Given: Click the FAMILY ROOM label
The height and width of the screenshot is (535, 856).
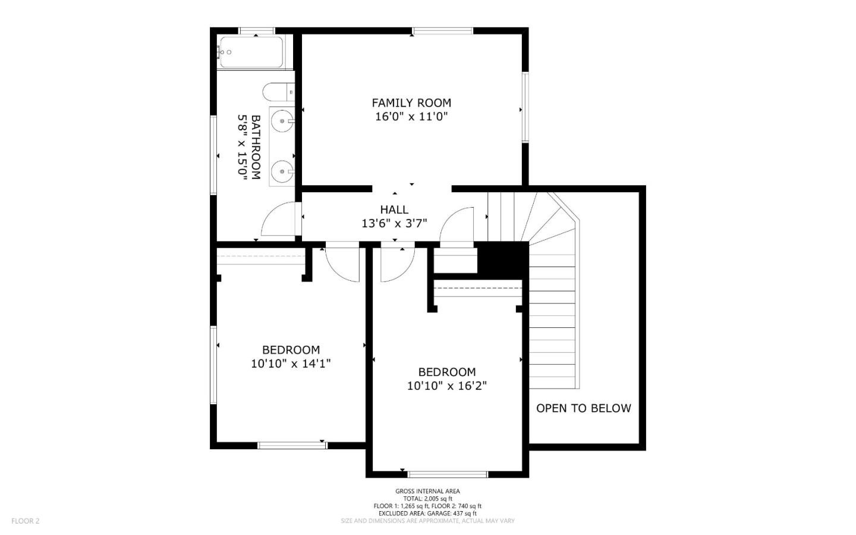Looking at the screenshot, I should [411, 103].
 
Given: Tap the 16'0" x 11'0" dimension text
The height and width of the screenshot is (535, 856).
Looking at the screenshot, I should [411, 117].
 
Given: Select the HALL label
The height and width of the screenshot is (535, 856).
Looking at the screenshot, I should [394, 209].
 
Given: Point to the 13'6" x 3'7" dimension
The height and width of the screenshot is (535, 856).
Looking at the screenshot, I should [394, 224].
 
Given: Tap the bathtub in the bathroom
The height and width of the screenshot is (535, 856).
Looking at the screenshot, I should [251, 52].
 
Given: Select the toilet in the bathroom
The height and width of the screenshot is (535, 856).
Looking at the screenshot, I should [278, 92].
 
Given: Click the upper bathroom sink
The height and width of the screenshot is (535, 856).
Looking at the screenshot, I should [281, 121].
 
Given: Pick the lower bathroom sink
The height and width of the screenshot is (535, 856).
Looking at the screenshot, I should [281, 172].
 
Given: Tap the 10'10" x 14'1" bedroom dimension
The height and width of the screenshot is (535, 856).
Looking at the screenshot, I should [291, 363].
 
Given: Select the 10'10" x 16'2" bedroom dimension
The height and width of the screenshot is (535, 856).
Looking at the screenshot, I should [446, 386].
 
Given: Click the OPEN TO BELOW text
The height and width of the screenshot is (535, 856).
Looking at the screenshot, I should [583, 408].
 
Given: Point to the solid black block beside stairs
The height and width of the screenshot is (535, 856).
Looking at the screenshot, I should [503, 258].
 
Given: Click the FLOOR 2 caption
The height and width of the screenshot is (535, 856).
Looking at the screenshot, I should [25, 521].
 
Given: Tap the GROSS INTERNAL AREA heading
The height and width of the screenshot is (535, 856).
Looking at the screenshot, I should [427, 491].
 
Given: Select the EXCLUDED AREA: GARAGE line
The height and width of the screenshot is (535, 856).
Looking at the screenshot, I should [427, 513].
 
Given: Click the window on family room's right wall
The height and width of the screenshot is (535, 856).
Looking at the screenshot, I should [525, 107].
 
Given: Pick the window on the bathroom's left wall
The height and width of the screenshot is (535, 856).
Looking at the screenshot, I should [213, 155].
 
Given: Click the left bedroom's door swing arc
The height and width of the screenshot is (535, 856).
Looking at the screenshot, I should [344, 264].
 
